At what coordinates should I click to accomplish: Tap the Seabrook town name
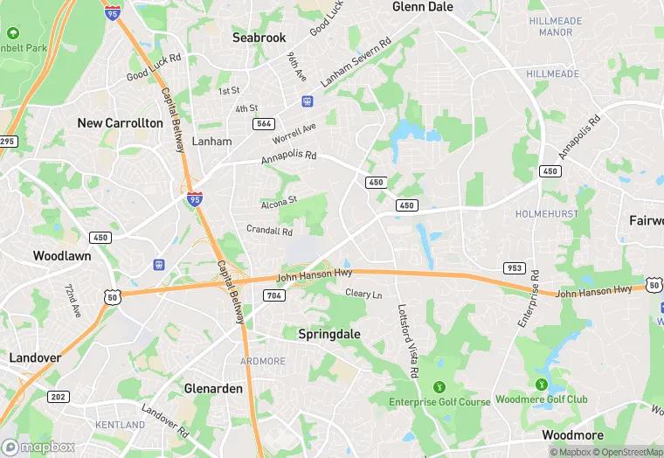coord(259,38)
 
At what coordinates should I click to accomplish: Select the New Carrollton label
coord(120,123)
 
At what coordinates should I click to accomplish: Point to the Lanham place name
coord(211,141)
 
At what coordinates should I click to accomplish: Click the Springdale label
coord(329,334)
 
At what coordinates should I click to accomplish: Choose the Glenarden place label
coord(213,388)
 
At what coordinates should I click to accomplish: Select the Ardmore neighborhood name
coord(263,361)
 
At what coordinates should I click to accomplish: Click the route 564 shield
coord(264,124)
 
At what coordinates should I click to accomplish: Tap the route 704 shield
coord(273,295)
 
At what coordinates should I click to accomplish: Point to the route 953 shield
coord(514,267)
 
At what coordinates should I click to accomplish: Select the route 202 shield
coord(59,397)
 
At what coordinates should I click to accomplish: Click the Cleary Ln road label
coord(363,294)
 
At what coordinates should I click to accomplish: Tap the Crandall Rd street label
coord(269,231)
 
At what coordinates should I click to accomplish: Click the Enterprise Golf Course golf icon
coord(439,386)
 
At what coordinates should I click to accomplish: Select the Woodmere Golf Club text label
coord(542,399)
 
